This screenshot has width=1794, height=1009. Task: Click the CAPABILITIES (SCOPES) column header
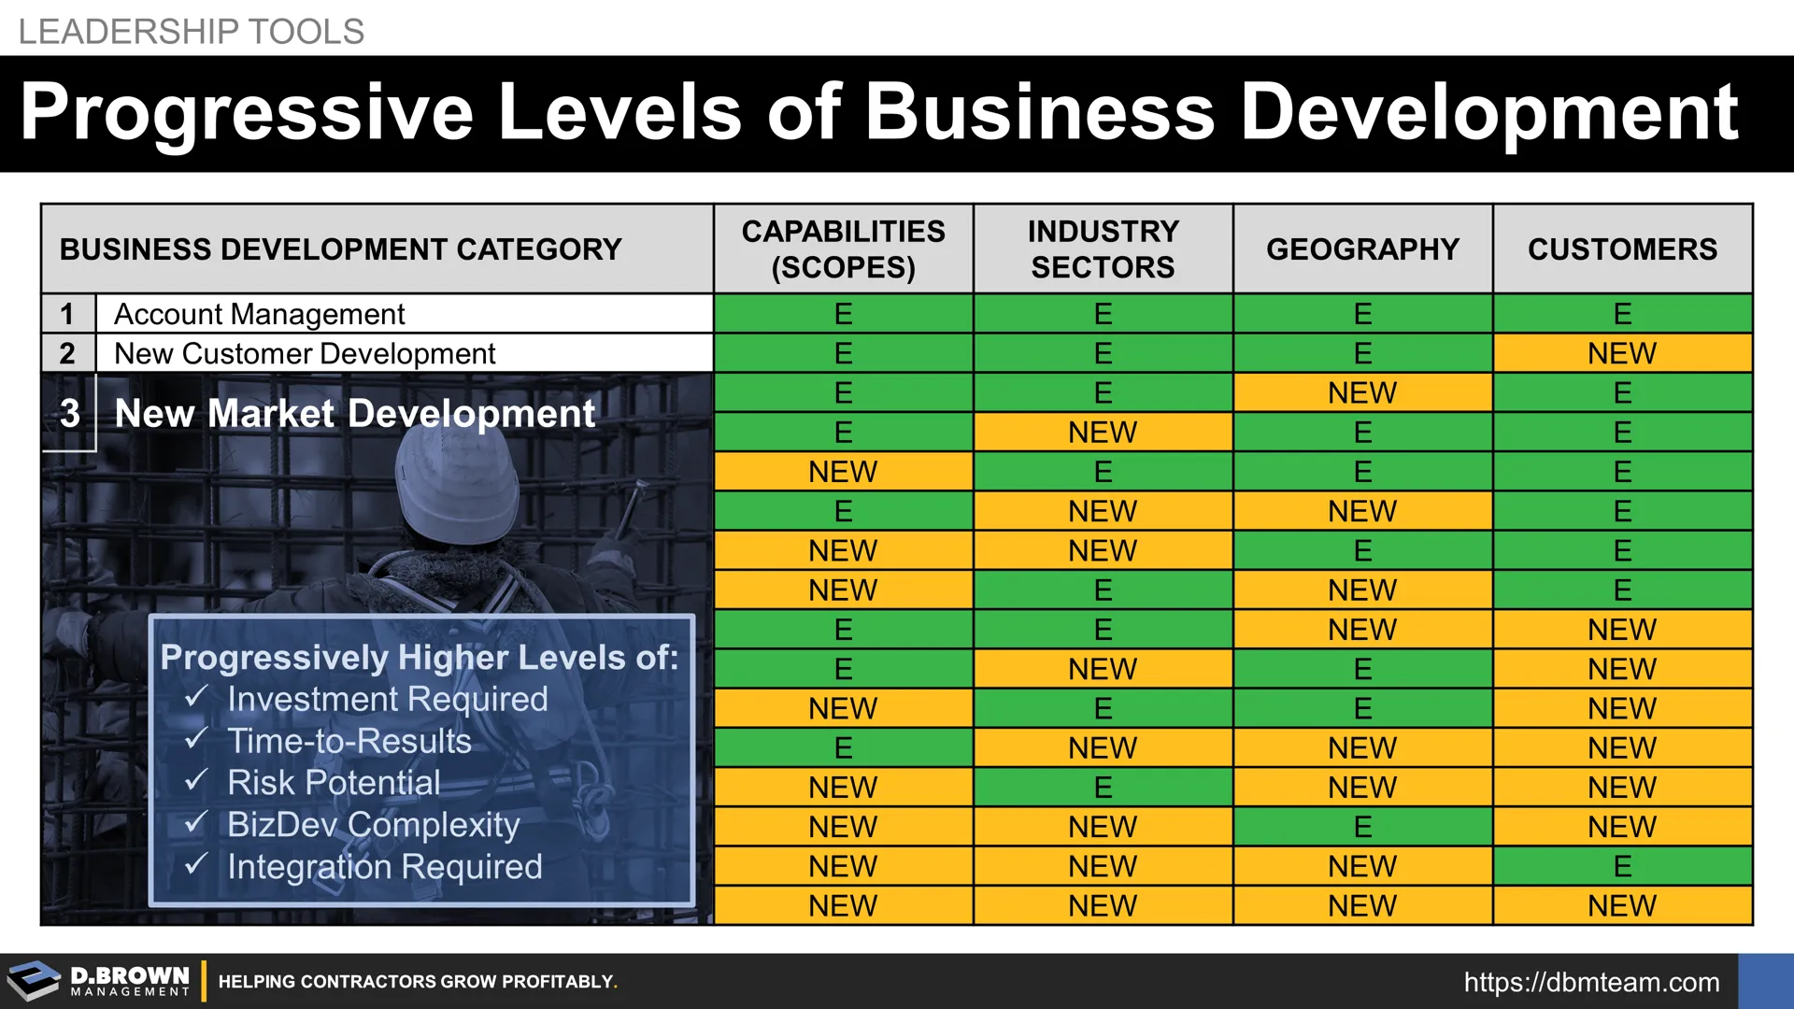click(843, 249)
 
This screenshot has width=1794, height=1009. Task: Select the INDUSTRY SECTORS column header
click(1103, 249)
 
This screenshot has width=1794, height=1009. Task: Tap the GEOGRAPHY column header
click(1362, 249)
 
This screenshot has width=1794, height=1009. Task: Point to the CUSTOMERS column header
click(1622, 249)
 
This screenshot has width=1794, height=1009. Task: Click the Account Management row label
click(259, 314)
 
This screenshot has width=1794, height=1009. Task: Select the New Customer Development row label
click(305, 353)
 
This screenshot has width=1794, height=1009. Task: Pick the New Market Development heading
click(354, 413)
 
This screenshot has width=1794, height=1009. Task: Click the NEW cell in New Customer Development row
click(1622, 353)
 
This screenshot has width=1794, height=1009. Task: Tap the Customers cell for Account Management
click(1622, 314)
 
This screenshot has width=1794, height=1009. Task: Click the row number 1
click(67, 314)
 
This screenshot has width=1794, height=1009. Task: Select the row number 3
click(69, 413)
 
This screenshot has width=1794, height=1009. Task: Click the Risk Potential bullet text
click(334, 783)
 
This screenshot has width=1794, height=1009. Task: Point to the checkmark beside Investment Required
click(196, 697)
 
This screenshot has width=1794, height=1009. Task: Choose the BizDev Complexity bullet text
click(373, 825)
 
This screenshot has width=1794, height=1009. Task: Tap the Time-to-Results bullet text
click(349, 741)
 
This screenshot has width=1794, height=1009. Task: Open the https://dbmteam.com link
click(1591, 982)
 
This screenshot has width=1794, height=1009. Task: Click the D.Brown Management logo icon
click(34, 981)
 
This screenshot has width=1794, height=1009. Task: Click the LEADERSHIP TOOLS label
click(192, 32)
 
